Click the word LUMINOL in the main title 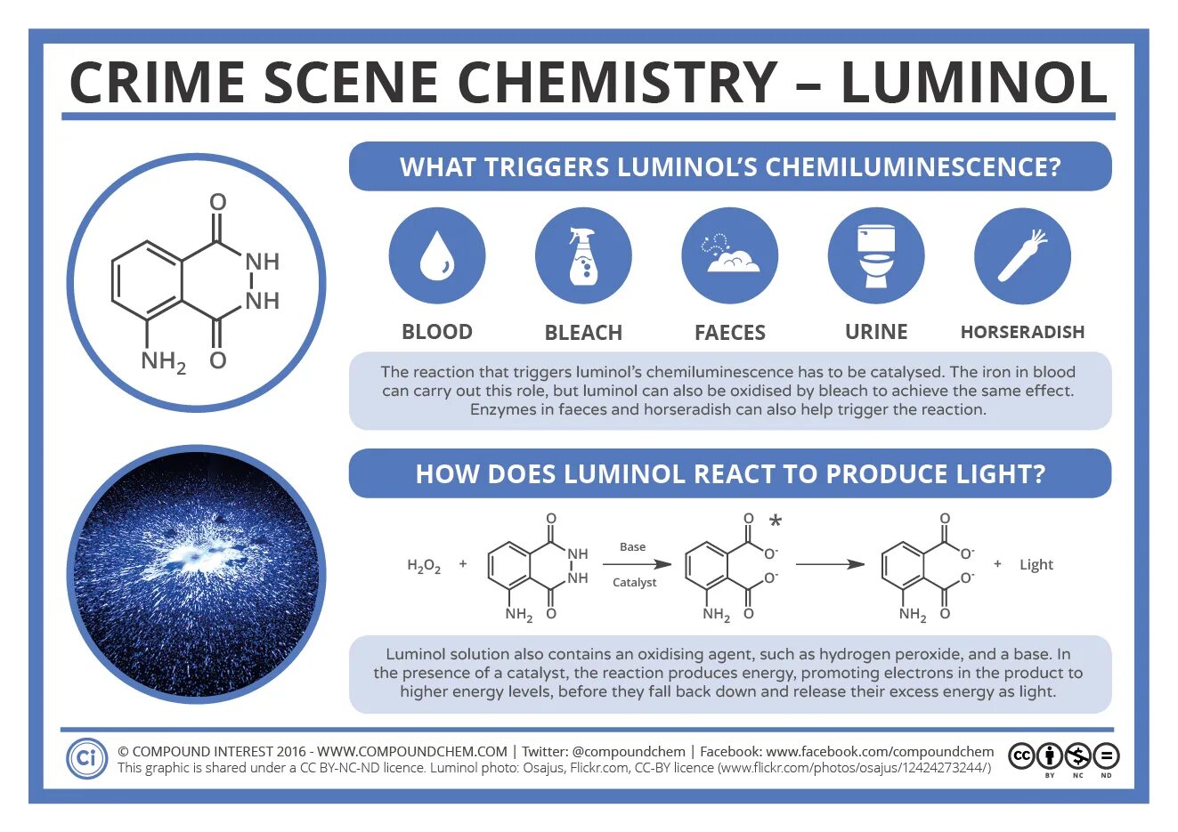[x=974, y=83]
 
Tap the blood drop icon [x=437, y=256]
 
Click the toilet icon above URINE [x=876, y=256]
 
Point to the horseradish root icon [x=1022, y=256]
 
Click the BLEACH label [x=583, y=333]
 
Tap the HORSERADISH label [x=1022, y=333]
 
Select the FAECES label [x=730, y=333]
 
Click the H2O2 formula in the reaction [x=424, y=566]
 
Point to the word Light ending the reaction [x=1036, y=565]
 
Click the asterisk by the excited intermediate [x=776, y=522]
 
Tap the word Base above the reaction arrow [x=632, y=547]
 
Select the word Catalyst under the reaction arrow [x=634, y=583]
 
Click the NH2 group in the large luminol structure [x=163, y=361]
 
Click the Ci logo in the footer [x=86, y=758]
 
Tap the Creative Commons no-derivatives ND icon [x=1106, y=757]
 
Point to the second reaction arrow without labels [x=830, y=564]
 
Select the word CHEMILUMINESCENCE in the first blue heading [x=913, y=167]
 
